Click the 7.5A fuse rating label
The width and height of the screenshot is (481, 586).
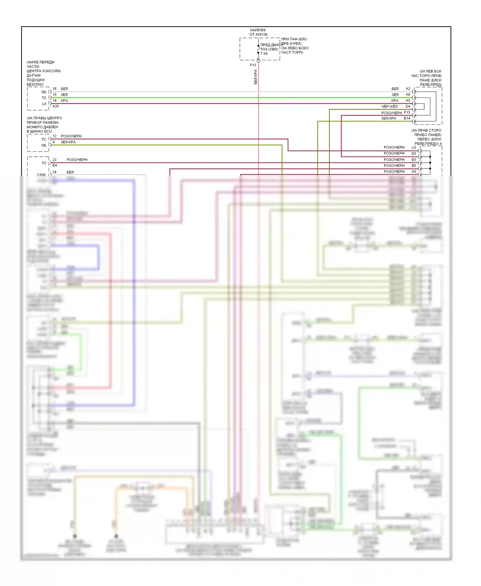(264, 54)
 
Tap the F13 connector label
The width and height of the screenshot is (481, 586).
(253, 65)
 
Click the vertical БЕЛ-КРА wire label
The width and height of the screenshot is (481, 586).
(256, 77)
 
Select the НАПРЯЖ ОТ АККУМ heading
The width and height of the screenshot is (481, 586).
(258, 32)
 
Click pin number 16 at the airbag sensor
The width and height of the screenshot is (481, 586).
(55, 89)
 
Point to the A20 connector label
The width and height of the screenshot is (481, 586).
(56, 106)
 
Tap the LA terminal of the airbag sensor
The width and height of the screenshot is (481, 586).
(44, 104)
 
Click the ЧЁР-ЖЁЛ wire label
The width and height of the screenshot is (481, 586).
(389, 106)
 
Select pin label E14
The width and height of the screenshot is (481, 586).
(407, 118)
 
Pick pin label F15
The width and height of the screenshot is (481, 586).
(407, 113)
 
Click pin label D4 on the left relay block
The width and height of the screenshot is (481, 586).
(408, 106)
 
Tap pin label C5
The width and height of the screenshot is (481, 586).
(414, 148)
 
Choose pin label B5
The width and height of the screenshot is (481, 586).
(414, 166)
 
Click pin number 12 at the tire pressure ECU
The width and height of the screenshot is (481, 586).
(55, 136)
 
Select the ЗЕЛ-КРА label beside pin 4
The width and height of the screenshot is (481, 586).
(68, 142)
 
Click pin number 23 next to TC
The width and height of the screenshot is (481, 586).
(55, 160)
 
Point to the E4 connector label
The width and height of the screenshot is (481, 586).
(55, 165)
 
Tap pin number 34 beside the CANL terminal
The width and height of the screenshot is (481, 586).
(55, 172)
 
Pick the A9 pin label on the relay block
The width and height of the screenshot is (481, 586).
(408, 95)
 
